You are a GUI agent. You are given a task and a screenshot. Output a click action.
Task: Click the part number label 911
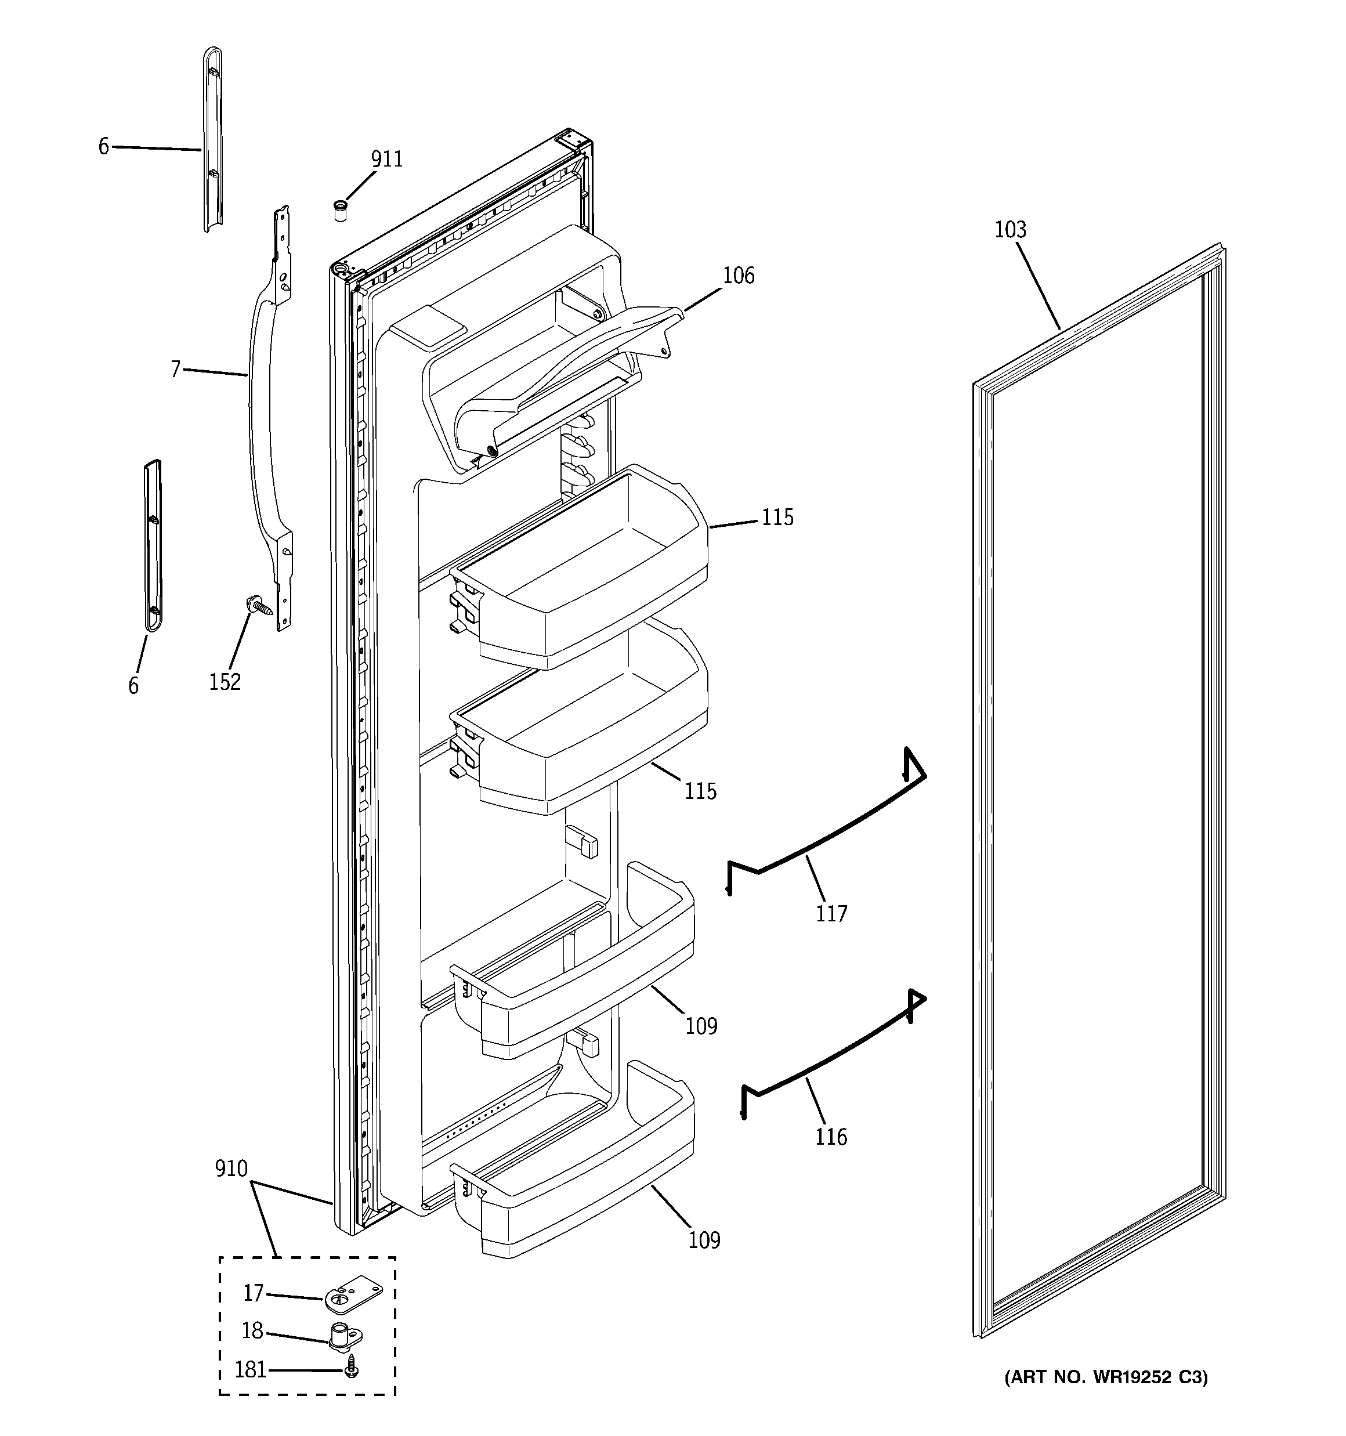386,159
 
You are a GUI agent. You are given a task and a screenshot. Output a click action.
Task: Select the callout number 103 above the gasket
1009,230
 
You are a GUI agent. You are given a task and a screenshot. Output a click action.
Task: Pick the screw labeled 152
262,604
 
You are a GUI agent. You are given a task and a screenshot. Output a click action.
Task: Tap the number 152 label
225,681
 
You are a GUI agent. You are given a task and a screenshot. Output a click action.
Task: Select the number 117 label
831,914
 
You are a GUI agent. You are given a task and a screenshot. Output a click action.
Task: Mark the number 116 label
831,1137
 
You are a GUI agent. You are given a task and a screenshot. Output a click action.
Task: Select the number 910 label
231,1168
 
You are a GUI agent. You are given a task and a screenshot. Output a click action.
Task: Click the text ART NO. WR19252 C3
1105,1377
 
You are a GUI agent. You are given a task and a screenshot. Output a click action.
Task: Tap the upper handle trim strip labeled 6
212,141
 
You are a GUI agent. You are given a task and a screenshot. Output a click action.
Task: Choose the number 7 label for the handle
176,369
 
